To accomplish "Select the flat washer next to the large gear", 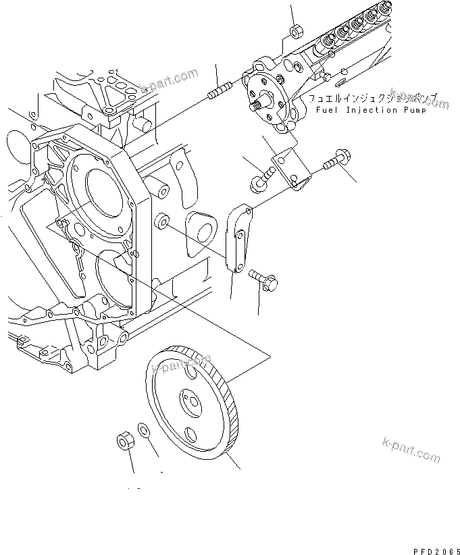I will (144, 429).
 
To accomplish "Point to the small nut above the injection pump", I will (295, 31).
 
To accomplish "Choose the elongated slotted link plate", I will (238, 240).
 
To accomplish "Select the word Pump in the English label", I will (414, 109).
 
